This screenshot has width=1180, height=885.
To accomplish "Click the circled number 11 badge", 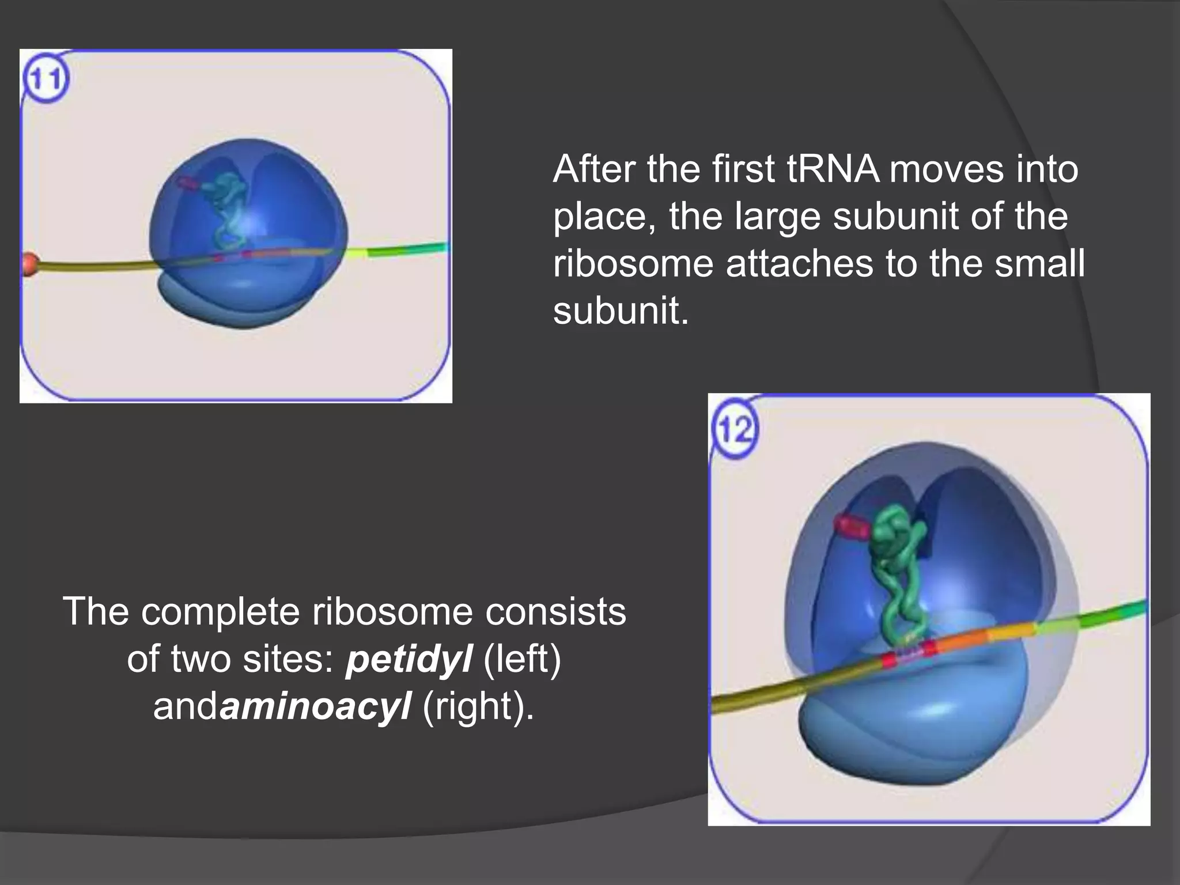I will coord(46,80).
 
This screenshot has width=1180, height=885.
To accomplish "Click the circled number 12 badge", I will coord(735,429).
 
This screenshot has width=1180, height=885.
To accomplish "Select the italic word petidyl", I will coord(409,659).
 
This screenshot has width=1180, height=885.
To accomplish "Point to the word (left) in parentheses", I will coord(522,659).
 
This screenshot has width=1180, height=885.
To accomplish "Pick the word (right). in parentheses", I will coord(479,706).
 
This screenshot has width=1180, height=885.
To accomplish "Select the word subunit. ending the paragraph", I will coord(621,311).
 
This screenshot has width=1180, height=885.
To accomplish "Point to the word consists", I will coord(555,611).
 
